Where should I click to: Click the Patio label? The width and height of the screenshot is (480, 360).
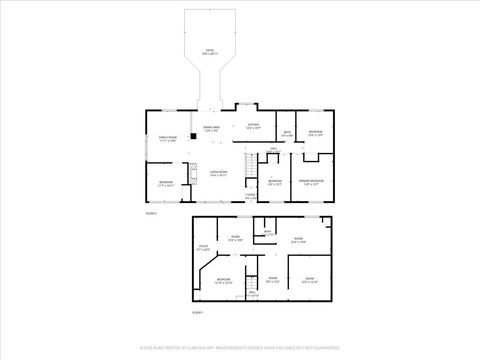pos(210,51)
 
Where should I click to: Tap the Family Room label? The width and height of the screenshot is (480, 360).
pos(167,139)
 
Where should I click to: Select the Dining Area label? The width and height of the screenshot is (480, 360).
pos(211,128)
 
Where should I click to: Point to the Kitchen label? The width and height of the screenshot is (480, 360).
pos(253,126)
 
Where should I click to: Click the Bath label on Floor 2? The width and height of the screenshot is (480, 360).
pos(286,134)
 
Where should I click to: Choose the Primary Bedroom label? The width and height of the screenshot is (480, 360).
pos(310,181)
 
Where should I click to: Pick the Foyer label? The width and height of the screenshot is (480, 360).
pos(251,197)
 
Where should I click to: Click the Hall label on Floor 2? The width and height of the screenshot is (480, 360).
pos(272,149)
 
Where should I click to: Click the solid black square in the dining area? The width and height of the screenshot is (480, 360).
pos(193,137)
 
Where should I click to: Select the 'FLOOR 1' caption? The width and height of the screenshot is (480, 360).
pos(197,312)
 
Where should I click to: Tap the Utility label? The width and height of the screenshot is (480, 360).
pos(202,247)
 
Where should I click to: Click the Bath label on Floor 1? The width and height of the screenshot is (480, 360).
pos(267,233)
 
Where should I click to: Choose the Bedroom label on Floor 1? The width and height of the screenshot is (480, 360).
pos(224,279)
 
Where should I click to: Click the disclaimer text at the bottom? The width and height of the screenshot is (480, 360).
pos(240,350)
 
